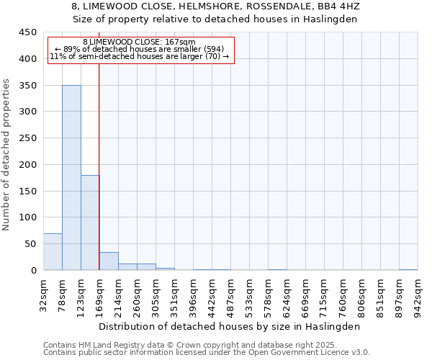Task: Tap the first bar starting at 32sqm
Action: (53, 251)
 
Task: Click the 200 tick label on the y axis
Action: (27, 164)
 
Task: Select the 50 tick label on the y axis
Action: (30, 244)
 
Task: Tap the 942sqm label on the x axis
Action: (418, 296)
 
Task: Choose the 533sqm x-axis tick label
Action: (250, 296)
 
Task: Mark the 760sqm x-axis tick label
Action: (343, 296)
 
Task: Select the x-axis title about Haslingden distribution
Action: (228, 326)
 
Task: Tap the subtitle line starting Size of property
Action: (216, 19)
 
